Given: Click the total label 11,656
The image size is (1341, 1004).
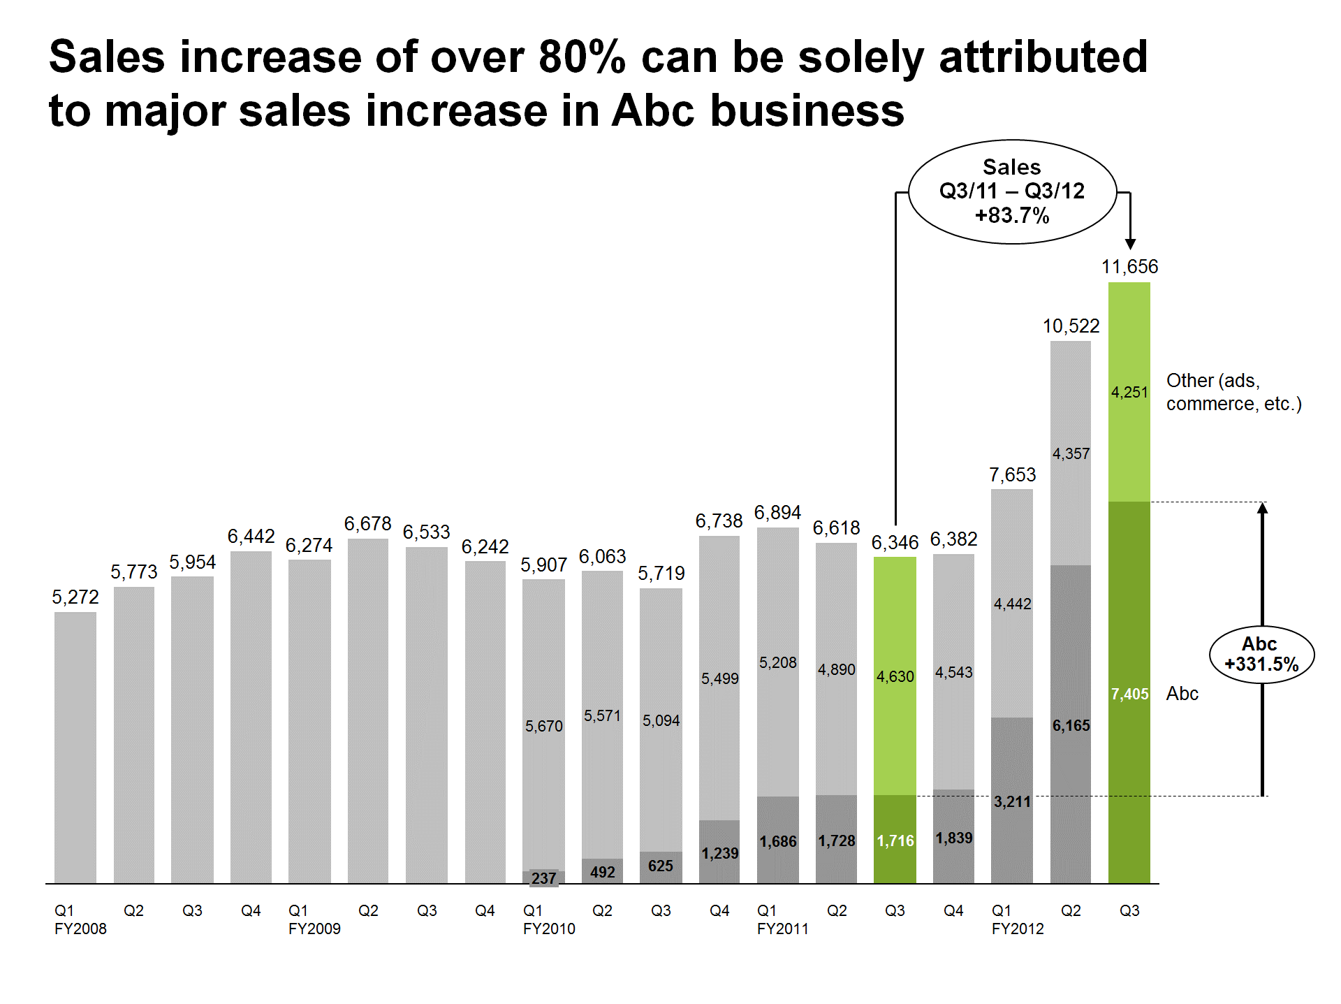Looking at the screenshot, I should (x=1129, y=267).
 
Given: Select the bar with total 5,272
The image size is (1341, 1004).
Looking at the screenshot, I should (x=75, y=748).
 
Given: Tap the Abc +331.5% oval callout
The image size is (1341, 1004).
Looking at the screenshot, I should (x=1261, y=655).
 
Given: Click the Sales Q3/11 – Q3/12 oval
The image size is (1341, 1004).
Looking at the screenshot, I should (x=1012, y=191).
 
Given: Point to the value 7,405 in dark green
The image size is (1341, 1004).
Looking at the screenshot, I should (x=1129, y=694).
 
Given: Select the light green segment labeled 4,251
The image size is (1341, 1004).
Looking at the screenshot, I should (x=1129, y=392).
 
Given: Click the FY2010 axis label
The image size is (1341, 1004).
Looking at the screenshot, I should (x=549, y=929).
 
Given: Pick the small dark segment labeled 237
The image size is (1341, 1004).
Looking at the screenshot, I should (x=543, y=878).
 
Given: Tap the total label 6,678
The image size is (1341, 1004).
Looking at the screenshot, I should (x=367, y=524).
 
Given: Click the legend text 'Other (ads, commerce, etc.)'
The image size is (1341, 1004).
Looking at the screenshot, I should (x=1233, y=392).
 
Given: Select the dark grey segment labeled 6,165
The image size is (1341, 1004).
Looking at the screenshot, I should (x=1071, y=725).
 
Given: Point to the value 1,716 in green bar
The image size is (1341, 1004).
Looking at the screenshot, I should (x=895, y=841).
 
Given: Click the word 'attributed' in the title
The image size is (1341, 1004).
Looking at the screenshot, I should (x=1043, y=57).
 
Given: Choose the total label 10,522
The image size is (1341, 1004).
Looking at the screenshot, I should (x=1071, y=326).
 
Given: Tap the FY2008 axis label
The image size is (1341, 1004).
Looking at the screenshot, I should (x=80, y=929).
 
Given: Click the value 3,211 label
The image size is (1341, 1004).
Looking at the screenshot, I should (x=1012, y=802).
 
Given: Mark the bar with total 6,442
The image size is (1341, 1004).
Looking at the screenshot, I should (x=251, y=717).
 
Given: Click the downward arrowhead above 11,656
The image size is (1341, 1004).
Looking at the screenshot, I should (x=1130, y=244).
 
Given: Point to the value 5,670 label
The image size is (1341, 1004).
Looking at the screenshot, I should (x=543, y=727).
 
